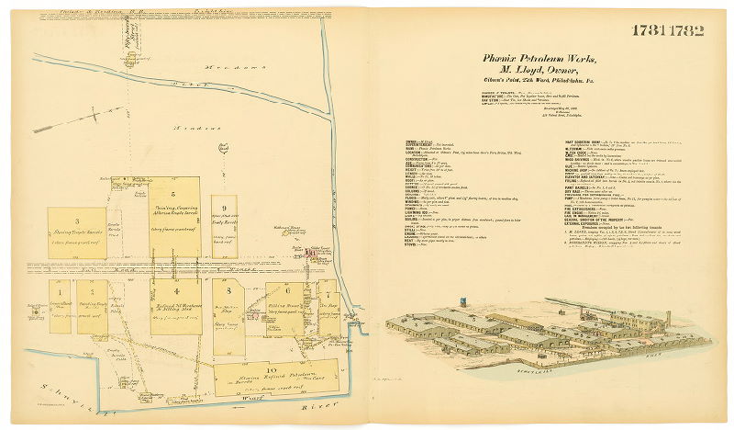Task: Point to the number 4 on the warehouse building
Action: [175, 292]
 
